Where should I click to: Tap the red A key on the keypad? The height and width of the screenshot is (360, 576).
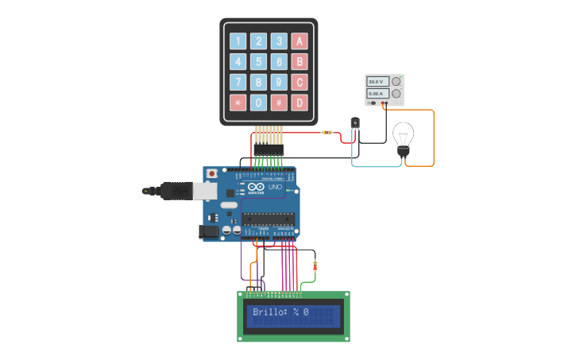(299, 41)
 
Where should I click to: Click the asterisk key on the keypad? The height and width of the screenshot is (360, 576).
(238, 103)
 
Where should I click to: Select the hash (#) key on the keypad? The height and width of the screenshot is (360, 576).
(279, 103)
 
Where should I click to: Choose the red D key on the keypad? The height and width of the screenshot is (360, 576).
(299, 103)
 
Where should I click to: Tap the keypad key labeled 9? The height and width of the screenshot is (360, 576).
(279, 82)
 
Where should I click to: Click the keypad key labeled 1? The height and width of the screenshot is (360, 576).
(238, 41)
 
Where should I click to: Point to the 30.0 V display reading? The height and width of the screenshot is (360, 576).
(377, 82)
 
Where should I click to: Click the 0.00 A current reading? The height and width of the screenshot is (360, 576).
(377, 93)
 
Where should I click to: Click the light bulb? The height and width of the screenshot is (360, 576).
(404, 137)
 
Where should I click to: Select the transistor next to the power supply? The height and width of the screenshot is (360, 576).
(354, 123)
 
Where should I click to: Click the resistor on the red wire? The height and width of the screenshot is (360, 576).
(327, 133)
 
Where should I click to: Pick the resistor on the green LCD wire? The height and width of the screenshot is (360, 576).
(315, 265)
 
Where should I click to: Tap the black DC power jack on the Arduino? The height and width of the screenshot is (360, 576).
(208, 231)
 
